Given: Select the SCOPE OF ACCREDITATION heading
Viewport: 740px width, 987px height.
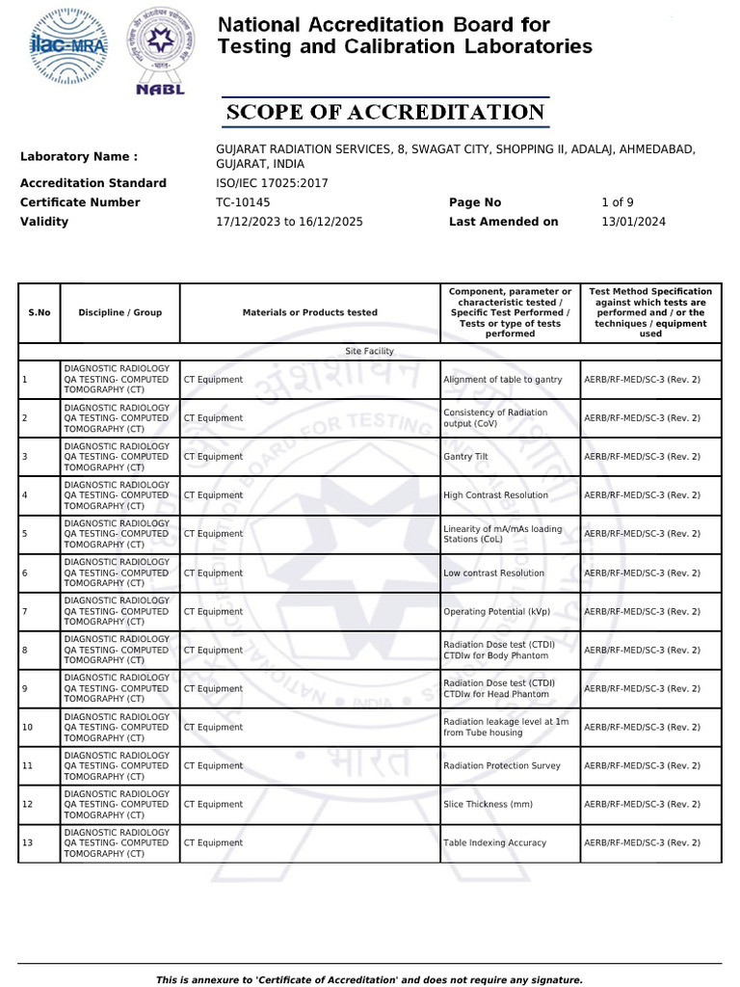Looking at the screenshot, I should (385, 113).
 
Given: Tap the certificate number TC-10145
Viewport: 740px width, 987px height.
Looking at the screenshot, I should (244, 202).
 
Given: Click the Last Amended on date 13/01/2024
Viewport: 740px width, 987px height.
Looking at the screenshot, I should (633, 222).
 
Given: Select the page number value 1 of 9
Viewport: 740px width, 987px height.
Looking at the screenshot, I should (617, 202).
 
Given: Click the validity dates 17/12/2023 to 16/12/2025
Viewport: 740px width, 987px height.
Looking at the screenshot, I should (289, 222).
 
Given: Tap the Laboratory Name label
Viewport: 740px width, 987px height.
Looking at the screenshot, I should (79, 156).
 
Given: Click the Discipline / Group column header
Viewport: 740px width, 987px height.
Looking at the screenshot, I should (119, 312).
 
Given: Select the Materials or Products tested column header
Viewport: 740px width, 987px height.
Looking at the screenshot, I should (309, 312).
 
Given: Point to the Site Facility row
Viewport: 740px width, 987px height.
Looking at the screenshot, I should (369, 352).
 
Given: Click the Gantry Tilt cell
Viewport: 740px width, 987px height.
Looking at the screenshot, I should (465, 457).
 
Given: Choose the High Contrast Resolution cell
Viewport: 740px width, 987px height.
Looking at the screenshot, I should (495, 495).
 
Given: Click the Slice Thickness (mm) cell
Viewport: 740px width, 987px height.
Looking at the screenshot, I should (488, 805).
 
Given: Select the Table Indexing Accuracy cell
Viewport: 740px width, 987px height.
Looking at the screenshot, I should (494, 843).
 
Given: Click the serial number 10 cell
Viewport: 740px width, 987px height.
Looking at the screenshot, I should (28, 728).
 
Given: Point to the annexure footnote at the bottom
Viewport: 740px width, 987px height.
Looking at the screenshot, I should (369, 980).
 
